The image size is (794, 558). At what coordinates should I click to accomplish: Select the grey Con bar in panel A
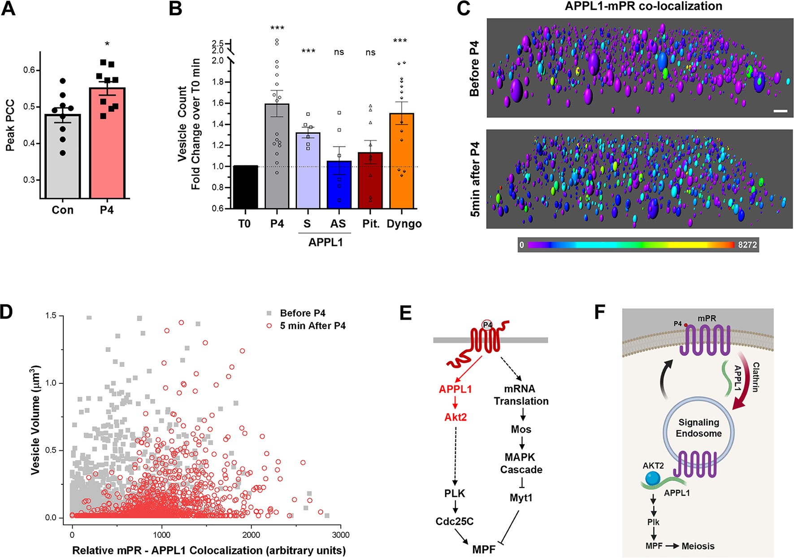coord(63,157)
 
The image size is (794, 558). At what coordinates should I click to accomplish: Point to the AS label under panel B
coord(338,224)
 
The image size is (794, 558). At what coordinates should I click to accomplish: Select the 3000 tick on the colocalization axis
coord(341,535)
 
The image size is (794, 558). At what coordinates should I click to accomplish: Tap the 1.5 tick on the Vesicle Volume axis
coord(51,316)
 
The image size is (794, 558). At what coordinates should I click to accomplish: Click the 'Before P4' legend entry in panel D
coord(303,313)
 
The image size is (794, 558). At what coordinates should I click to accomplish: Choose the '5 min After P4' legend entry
coord(312,325)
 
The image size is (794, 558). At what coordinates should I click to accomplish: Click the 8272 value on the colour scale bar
coord(747,245)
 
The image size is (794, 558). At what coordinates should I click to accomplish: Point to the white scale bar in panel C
coord(781,110)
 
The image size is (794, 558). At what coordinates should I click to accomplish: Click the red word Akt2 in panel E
coord(456,417)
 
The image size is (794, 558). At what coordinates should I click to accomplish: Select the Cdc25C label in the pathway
coord(455,521)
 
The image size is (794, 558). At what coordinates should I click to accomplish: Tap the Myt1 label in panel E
coord(521,497)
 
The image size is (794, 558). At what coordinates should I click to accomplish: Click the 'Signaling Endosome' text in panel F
coord(699,428)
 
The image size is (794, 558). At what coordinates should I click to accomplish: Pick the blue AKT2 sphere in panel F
coord(653,478)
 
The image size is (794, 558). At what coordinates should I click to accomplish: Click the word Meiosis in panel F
coord(698,546)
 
